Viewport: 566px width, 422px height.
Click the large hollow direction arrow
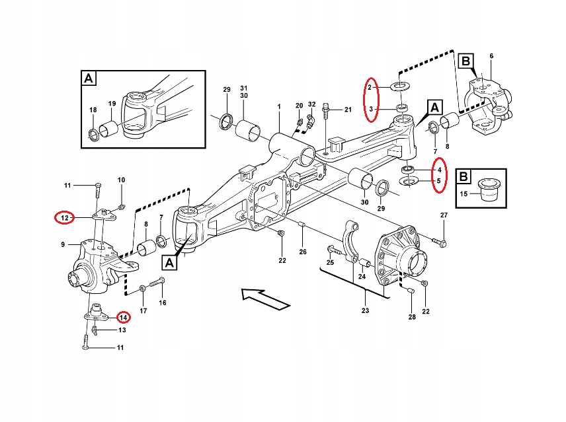coord(264,298)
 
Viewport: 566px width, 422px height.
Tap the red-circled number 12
coord(64,217)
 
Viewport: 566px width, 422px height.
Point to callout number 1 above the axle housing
coord(279,107)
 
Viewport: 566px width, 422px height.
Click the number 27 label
coord(444,216)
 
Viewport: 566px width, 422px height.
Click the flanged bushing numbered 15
coord(489,186)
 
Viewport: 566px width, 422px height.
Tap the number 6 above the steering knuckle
coord(491,55)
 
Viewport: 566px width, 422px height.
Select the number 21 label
coord(348,108)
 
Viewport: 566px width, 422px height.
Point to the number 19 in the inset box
coord(112,104)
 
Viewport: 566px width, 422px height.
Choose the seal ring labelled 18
coord(94,136)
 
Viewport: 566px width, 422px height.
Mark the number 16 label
coord(162,303)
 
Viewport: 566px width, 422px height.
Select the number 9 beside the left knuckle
coord(63,245)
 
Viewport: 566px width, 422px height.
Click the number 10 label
coord(121,180)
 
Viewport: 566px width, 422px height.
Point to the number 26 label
coord(303,251)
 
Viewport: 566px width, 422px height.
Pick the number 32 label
coord(311,105)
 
